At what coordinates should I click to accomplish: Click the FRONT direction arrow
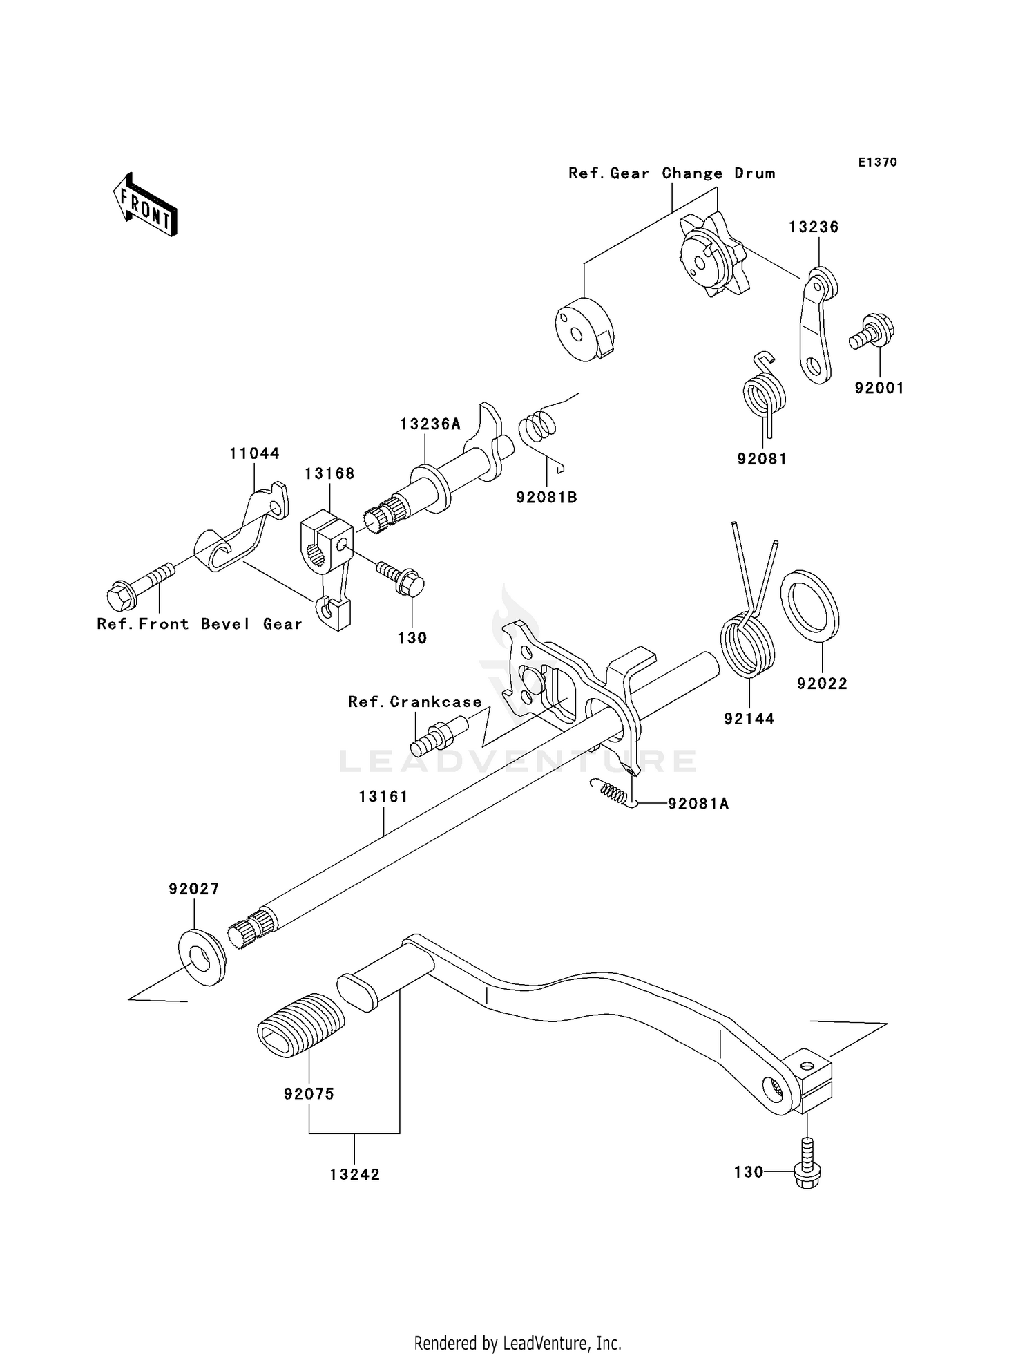pyautogui.click(x=146, y=205)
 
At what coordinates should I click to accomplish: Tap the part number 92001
pyautogui.click(x=879, y=388)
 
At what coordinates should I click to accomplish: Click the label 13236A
pyautogui.click(x=430, y=424)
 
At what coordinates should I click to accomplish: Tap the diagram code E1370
pyautogui.click(x=877, y=162)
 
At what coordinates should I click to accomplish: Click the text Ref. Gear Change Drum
pyautogui.click(x=671, y=173)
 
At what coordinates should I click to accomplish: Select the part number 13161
pyautogui.click(x=383, y=797)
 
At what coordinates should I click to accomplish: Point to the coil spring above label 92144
pyautogui.click(x=748, y=639)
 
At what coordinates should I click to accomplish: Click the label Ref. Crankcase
pyautogui.click(x=414, y=702)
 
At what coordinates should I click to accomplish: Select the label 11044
pyautogui.click(x=254, y=454)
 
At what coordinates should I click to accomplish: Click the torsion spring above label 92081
pyautogui.click(x=763, y=391)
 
